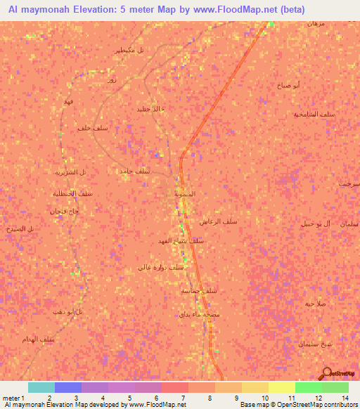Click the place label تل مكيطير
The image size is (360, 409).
point(130,50)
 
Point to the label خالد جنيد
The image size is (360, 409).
point(150,108)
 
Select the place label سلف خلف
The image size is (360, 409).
point(91,128)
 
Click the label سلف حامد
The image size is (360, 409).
point(134,171)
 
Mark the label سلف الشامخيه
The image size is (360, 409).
point(313,113)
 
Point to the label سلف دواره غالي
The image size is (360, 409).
point(160,267)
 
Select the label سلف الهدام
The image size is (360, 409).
point(58,339)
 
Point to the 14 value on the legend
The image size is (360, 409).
point(345,398)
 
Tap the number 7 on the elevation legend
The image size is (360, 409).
point(184,398)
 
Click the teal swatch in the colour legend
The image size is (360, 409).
point(41,387)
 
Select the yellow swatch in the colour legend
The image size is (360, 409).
point(281,387)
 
